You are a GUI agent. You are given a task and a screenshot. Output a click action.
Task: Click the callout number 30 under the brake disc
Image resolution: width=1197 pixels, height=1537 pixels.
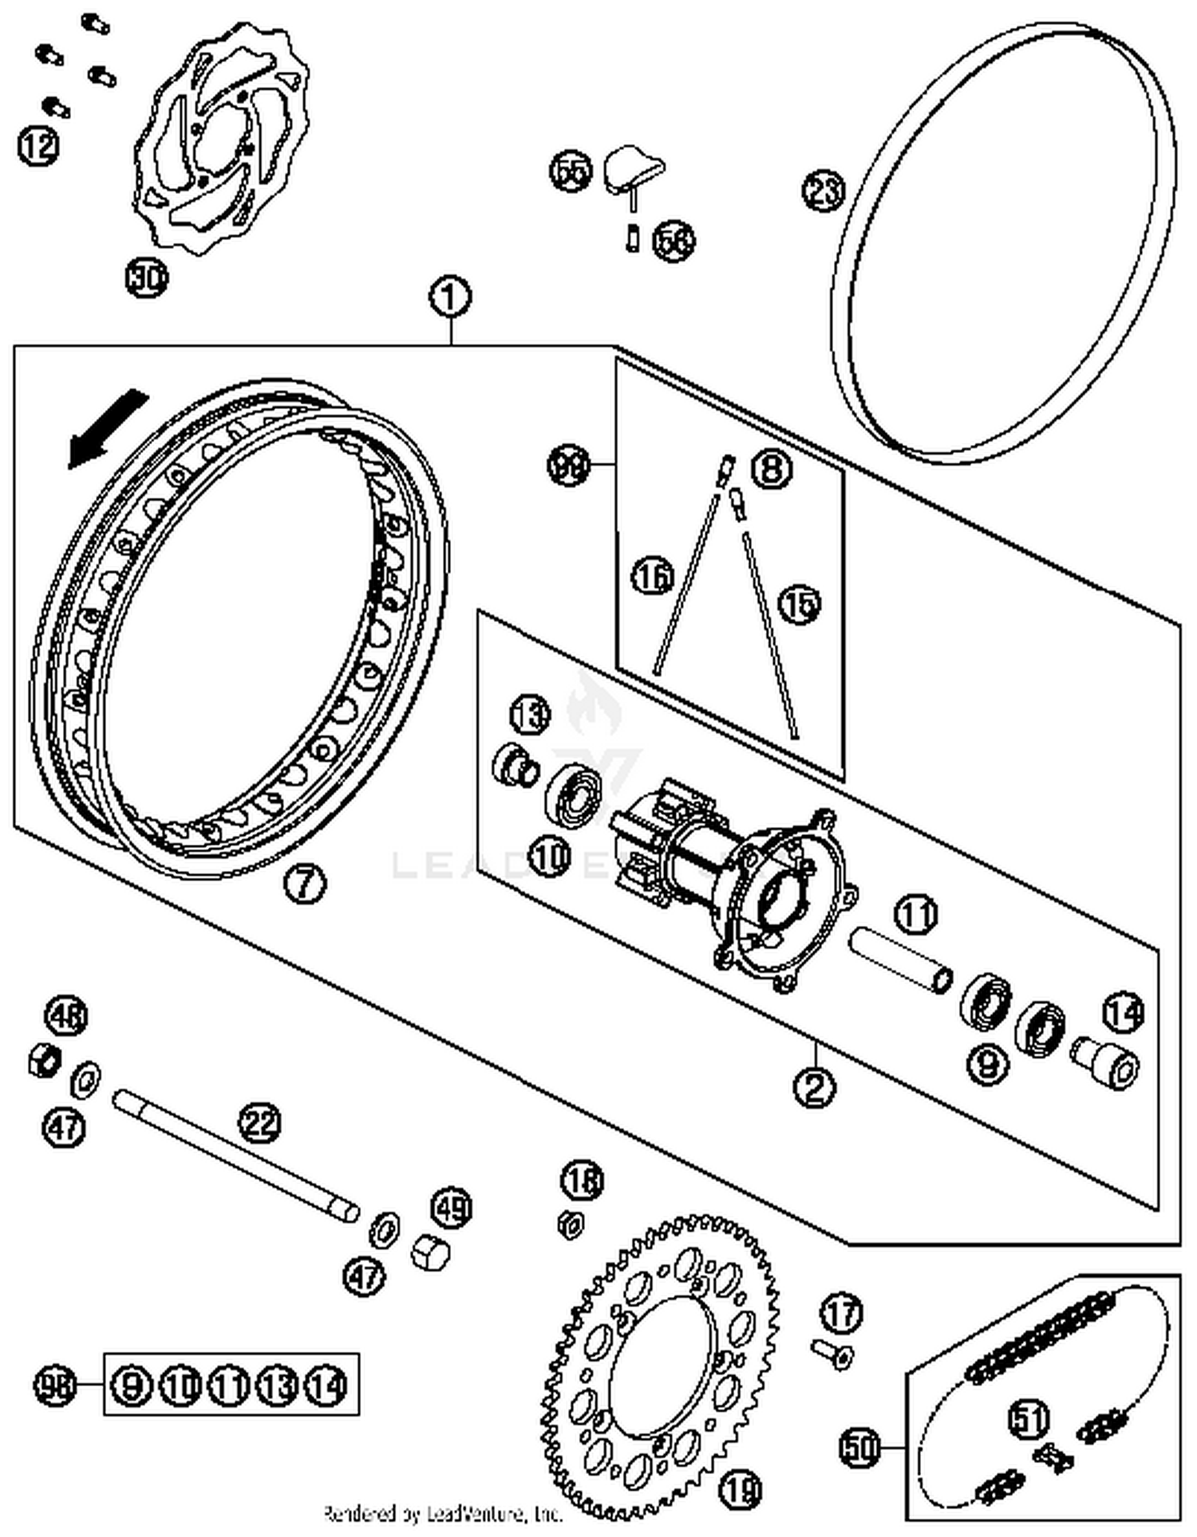(148, 278)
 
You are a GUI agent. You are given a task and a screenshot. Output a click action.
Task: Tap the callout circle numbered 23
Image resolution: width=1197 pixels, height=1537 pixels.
(823, 191)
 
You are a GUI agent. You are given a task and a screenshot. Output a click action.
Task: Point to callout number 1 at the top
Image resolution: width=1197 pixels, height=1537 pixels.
(451, 298)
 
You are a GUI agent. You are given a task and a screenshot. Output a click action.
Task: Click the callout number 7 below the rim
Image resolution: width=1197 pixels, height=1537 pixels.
(306, 883)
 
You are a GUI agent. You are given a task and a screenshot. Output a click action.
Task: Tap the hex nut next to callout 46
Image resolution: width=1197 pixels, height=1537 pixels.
(44, 1060)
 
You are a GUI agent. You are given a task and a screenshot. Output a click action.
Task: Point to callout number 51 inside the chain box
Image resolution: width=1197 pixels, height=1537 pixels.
(1029, 1418)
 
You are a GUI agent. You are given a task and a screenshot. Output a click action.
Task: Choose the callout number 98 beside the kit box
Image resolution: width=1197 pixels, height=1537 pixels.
(55, 1385)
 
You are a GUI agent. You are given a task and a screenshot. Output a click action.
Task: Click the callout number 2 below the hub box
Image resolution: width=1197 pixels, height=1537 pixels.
(815, 1086)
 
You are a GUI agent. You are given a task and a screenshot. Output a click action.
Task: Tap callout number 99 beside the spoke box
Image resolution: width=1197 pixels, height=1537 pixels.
(569, 465)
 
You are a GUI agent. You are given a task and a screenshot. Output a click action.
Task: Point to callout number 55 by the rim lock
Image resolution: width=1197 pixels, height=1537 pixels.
(571, 171)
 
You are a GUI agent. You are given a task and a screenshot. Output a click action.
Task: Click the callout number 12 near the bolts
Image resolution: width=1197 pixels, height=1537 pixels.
(38, 145)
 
